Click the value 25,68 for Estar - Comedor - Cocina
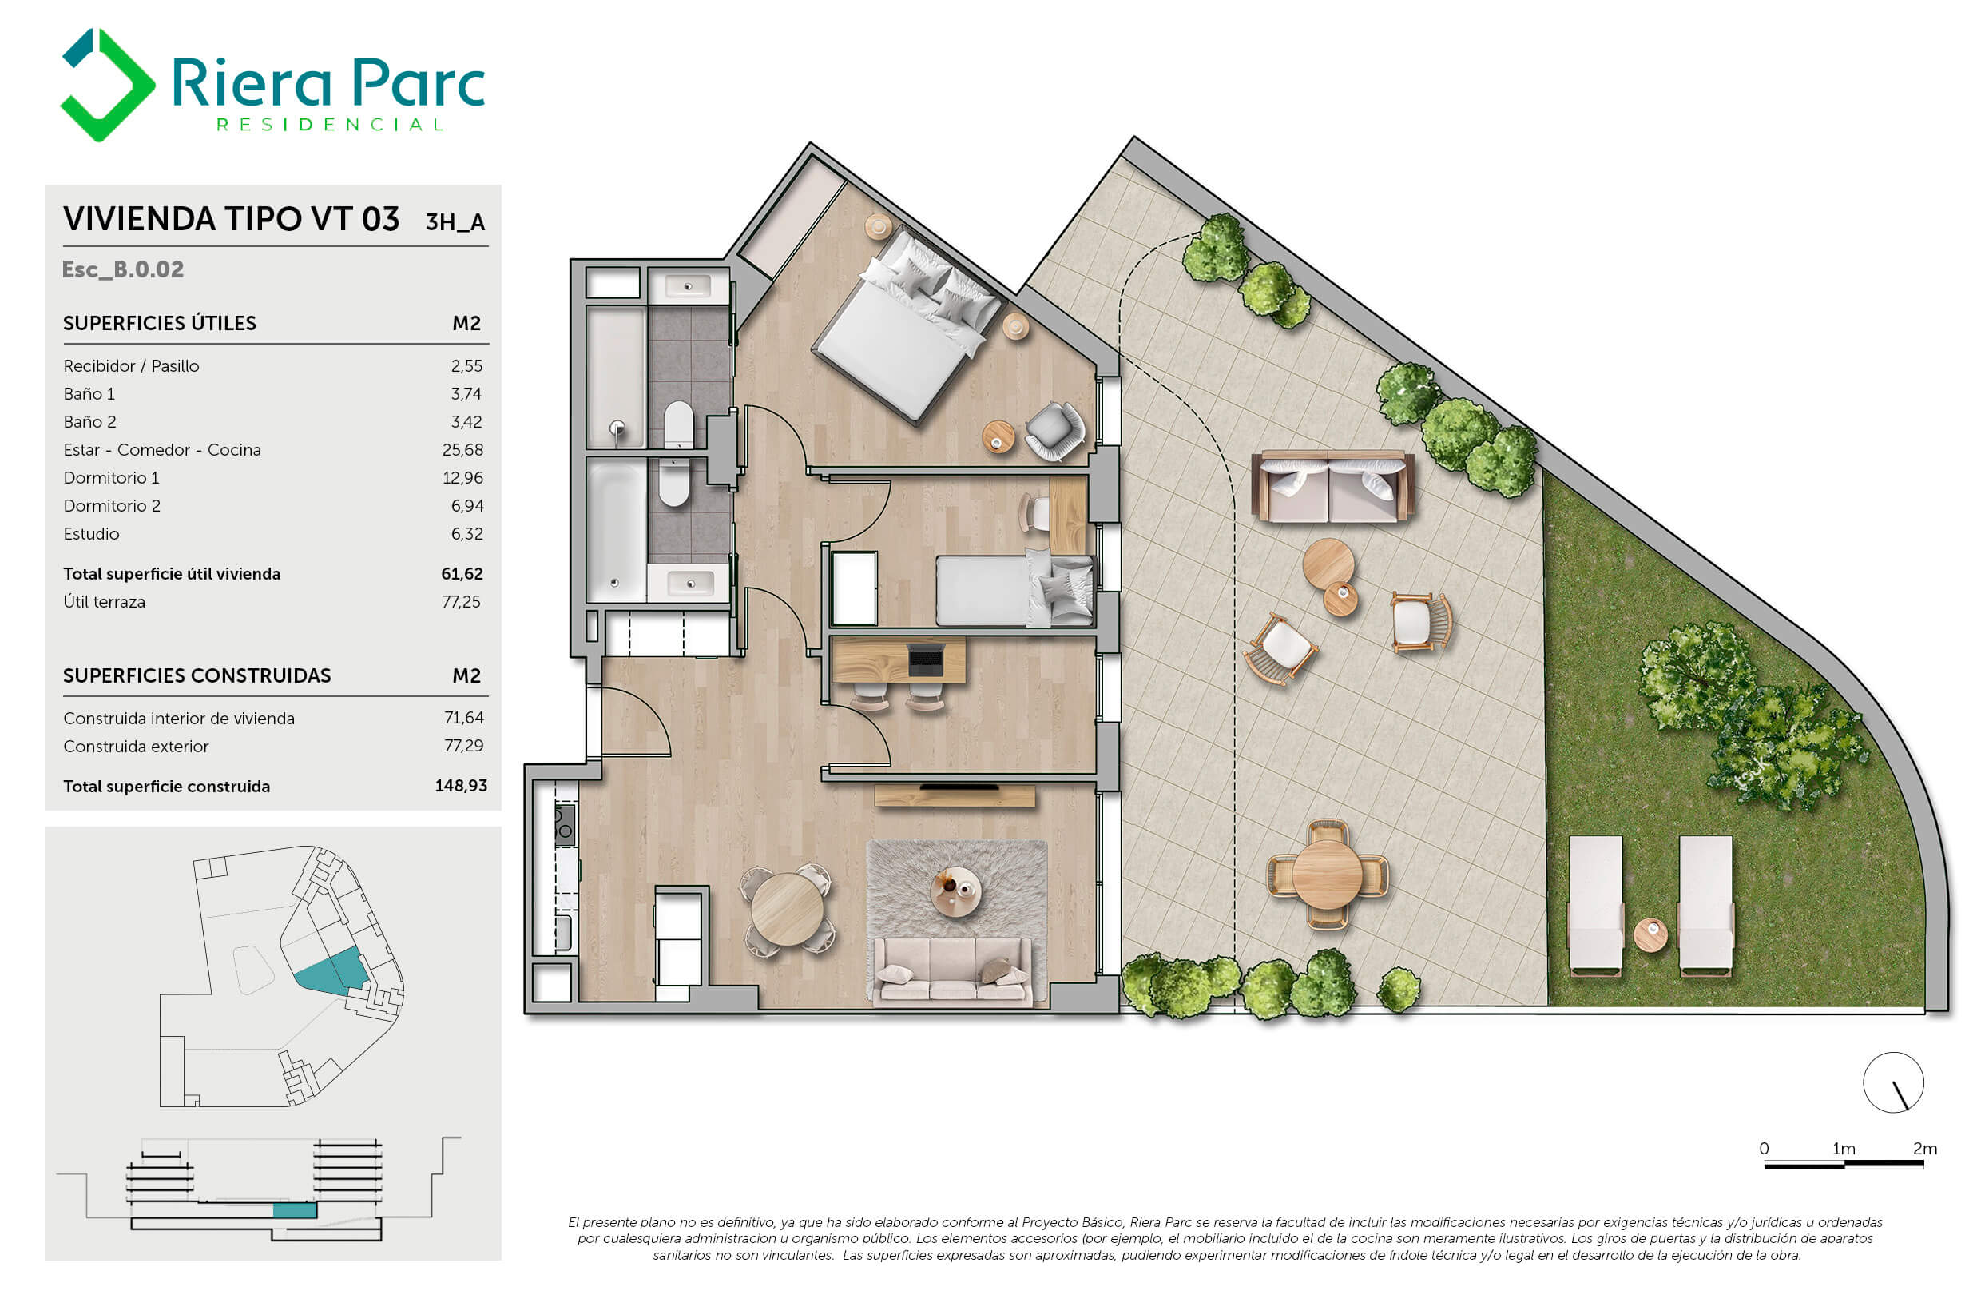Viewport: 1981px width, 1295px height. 462,450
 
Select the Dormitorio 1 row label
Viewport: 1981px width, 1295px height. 111,478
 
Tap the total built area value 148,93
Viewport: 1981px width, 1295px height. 461,785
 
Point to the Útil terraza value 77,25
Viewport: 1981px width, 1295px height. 461,601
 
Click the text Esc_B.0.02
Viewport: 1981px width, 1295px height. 123,269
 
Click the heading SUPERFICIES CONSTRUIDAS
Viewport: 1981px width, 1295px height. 197,675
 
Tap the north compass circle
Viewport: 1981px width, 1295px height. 1893,1082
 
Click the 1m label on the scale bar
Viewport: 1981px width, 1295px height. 1844,1149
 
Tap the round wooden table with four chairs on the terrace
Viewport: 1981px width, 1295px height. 1328,874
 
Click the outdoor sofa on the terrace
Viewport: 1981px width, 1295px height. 1333,486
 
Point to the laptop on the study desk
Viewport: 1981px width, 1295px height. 926,659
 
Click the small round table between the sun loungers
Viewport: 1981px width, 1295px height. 1650,934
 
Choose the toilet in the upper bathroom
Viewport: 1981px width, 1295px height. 678,424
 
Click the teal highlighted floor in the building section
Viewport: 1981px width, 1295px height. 296,1210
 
